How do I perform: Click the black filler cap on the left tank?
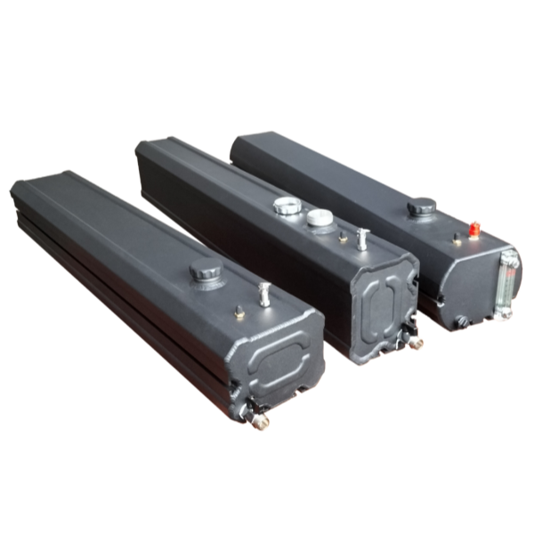pyautogui.click(x=206, y=271)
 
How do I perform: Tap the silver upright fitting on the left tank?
pyautogui.click(x=263, y=293)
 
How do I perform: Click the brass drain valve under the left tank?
pyautogui.click(x=260, y=420)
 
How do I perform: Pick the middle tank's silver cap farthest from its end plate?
pyautogui.click(x=286, y=206)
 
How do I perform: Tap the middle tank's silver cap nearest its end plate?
pyautogui.click(x=319, y=217)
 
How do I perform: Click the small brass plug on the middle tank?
pyautogui.click(x=343, y=239)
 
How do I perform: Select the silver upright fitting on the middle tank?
pyautogui.click(x=362, y=237)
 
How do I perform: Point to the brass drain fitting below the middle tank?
pyautogui.click(x=414, y=340)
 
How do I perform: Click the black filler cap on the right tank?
pyautogui.click(x=421, y=208)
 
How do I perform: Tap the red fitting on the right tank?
pyautogui.click(x=474, y=219)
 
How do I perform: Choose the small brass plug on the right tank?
pyautogui.click(x=457, y=239)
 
